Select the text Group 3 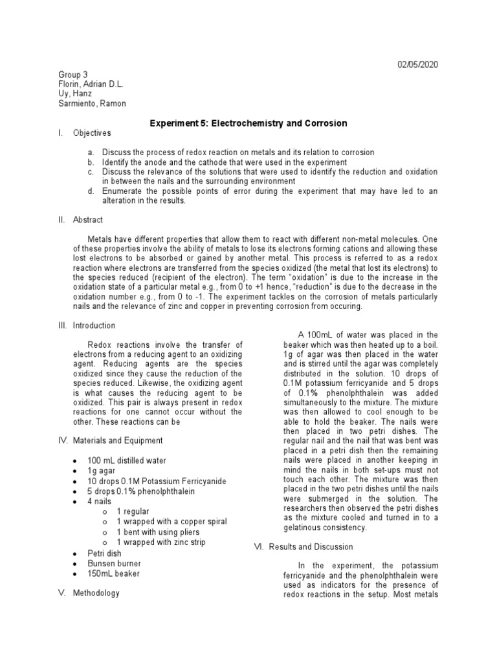(72, 75)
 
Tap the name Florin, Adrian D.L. (91, 84)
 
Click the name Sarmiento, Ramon (92, 103)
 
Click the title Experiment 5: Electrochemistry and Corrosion (248, 123)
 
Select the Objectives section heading (92, 133)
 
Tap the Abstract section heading (88, 220)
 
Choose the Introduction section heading (94, 326)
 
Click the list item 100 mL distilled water (127, 460)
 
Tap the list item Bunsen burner (115, 563)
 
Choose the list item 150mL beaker (114, 573)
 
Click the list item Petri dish (104, 553)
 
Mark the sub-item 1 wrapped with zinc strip (161, 542)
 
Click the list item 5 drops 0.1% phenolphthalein (141, 491)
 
